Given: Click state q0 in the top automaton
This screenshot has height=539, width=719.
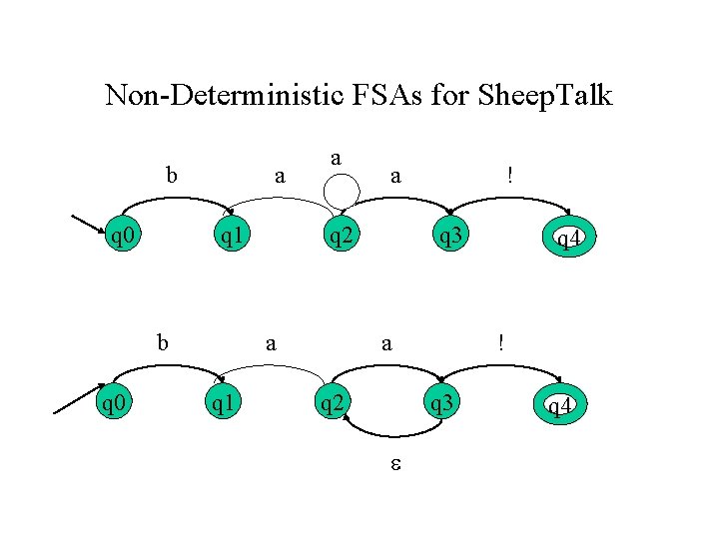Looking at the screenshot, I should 123,237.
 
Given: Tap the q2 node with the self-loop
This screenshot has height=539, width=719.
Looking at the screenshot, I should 342,237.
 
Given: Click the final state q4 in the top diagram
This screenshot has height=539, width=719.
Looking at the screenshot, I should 565,239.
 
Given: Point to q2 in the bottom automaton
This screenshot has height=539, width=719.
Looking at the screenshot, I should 331,404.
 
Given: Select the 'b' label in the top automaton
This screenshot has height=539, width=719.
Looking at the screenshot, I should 172,176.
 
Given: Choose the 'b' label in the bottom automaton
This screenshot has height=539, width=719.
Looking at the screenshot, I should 162,342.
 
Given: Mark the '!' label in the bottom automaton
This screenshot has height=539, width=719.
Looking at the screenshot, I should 502,342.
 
